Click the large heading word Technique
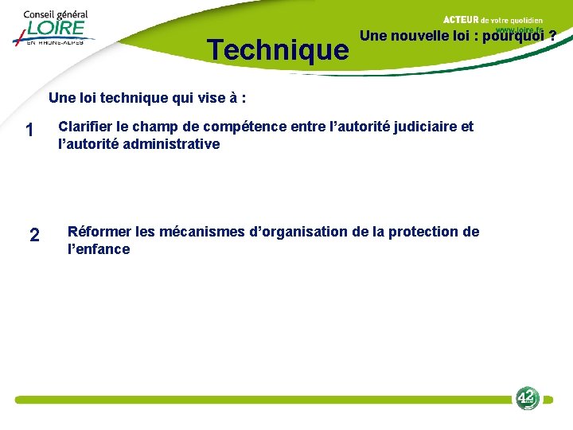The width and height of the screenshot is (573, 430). click(x=278, y=50)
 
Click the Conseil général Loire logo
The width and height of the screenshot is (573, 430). click(x=53, y=28)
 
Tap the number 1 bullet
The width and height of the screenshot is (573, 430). click(x=29, y=130)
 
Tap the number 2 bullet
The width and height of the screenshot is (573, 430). click(x=33, y=235)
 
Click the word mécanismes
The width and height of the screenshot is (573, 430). click(x=202, y=232)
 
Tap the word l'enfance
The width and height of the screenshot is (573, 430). click(x=99, y=249)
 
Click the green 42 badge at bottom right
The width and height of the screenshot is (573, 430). click(x=527, y=397)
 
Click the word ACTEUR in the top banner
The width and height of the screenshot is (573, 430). click(x=459, y=19)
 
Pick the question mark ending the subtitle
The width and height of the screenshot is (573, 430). click(x=552, y=36)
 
